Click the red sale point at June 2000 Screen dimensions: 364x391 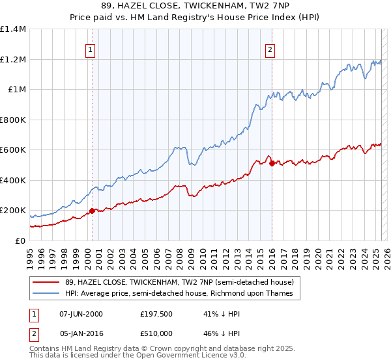point(92,211)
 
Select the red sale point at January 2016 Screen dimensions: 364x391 point(272,163)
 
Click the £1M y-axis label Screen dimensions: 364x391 point(17,90)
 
